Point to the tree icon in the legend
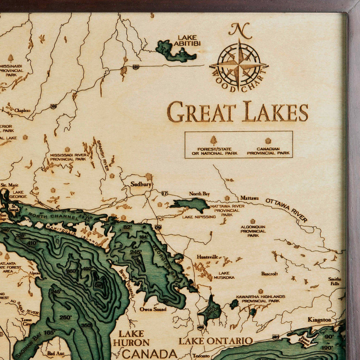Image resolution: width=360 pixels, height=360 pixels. click(x=214, y=140)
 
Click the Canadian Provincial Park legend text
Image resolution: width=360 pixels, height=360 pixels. click(x=268, y=151)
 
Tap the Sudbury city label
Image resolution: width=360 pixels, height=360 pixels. click(x=141, y=184)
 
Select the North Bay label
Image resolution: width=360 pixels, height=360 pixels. click(x=199, y=193)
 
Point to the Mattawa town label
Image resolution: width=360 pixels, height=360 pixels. click(x=249, y=198)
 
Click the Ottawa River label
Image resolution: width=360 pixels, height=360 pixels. click(x=286, y=210)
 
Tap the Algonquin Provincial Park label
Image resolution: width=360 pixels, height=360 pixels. click(x=253, y=231)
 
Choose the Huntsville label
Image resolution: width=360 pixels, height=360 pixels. click(x=208, y=257)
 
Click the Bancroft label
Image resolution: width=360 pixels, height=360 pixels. click(x=269, y=273)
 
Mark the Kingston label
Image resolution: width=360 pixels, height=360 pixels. click(x=319, y=320)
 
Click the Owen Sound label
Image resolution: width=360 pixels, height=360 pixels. click(x=153, y=309)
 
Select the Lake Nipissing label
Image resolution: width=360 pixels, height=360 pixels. click(x=199, y=217)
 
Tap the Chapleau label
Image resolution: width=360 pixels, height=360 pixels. click(x=22, y=110)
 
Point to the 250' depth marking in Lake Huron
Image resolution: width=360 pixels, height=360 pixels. click(x=66, y=318)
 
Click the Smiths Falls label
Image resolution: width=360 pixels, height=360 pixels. click(x=334, y=281)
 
